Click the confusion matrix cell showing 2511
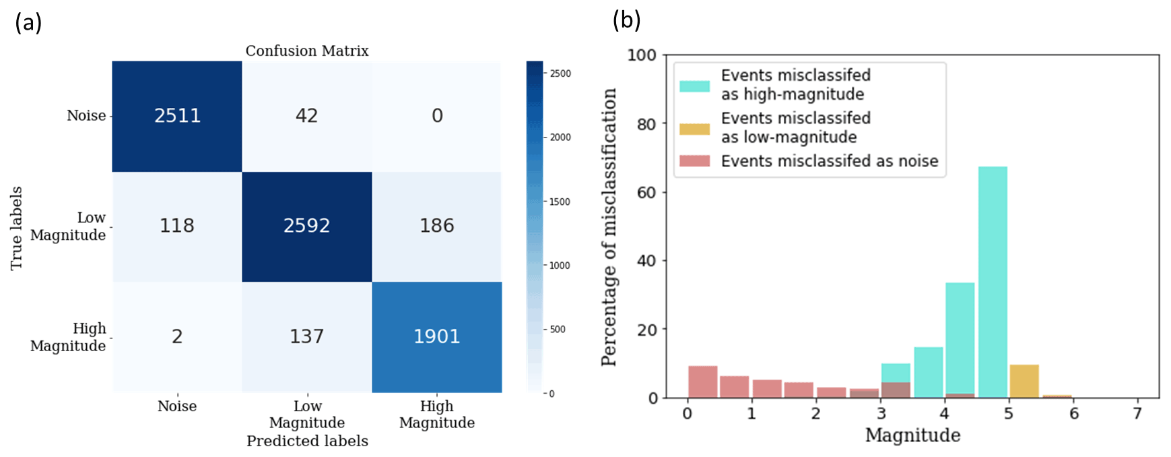point(177,116)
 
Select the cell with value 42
point(306,116)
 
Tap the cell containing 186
point(437,226)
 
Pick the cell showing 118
point(177,226)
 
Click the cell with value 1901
point(437,336)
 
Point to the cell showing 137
point(306,336)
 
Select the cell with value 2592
point(306,226)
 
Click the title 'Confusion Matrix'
point(307,51)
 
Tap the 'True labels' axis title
point(16,228)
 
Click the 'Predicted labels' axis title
point(307,441)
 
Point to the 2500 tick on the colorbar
point(560,73)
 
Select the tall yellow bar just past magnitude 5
point(1024,382)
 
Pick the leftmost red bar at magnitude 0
point(702,382)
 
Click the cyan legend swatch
point(694,86)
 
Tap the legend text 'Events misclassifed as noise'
point(830,161)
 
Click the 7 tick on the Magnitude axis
point(1137,413)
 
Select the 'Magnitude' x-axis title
point(912,435)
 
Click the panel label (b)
point(626,21)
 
